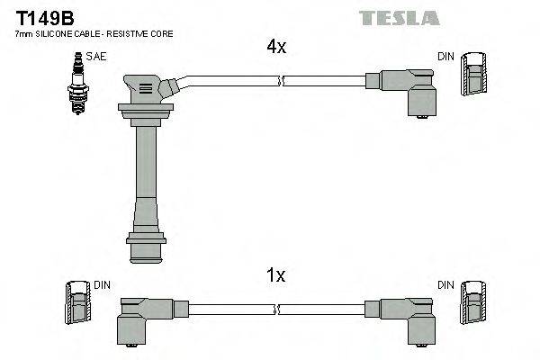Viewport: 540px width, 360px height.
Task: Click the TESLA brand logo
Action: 398,17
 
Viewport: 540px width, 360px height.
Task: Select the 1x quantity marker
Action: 275,276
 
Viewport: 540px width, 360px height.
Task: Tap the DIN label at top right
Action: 445,57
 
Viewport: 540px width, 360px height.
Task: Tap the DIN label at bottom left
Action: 102,285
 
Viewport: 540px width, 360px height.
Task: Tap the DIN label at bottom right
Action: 445,285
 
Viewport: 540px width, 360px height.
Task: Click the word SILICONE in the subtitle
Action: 60,33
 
